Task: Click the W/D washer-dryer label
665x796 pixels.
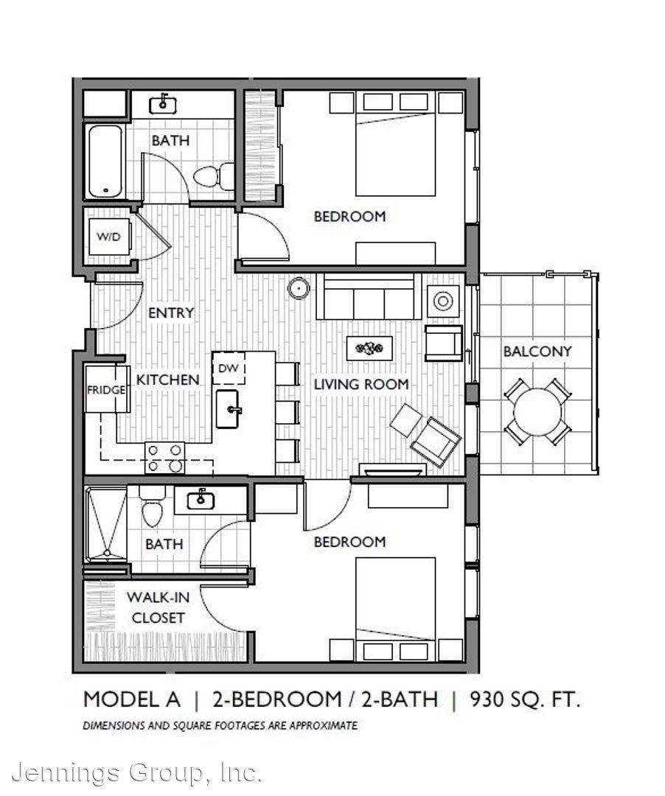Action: point(108,237)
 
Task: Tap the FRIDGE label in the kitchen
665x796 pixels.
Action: point(106,390)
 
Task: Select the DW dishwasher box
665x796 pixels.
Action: point(229,368)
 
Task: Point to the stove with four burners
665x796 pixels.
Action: point(165,458)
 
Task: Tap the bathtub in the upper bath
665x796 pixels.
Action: point(105,161)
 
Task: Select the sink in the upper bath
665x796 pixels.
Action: point(162,104)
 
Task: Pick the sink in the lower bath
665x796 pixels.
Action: point(201,500)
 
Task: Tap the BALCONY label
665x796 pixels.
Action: point(537,352)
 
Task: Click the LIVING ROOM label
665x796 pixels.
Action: point(361,384)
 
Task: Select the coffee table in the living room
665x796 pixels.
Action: point(369,348)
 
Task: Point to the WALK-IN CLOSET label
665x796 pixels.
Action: point(157,607)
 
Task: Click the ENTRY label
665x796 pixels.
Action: point(171,313)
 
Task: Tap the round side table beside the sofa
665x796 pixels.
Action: point(299,289)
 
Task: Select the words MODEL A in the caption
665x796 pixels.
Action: point(131,699)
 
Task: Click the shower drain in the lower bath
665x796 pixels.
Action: point(107,552)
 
